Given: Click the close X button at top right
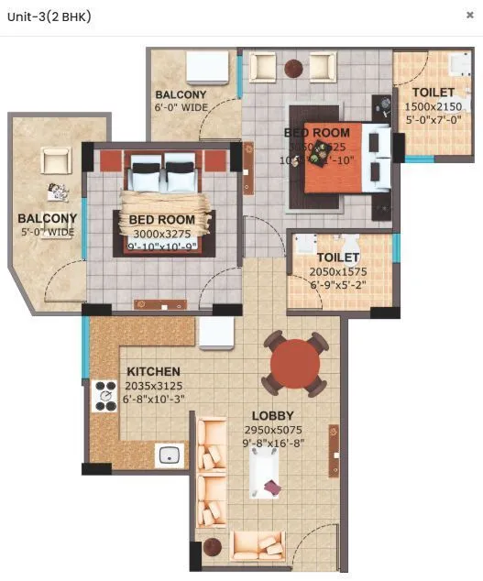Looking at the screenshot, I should [x=470, y=16].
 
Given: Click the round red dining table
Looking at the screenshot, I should [x=295, y=364].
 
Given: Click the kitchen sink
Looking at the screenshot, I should [x=169, y=454].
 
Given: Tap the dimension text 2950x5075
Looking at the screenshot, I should [x=273, y=430].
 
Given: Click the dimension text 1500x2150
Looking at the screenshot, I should [x=434, y=106].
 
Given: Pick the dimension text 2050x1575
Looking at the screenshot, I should [x=339, y=272].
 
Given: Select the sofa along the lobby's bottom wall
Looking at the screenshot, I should [x=258, y=545].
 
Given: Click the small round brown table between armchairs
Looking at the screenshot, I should [x=294, y=67].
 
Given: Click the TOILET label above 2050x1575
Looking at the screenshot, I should [x=339, y=258].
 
